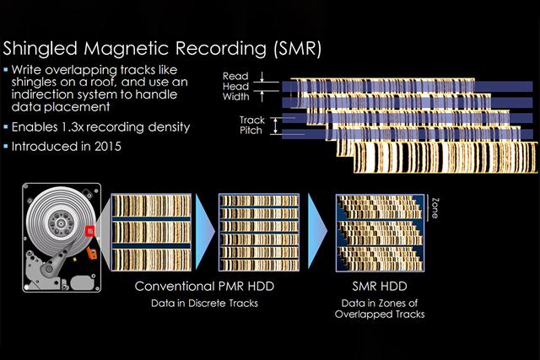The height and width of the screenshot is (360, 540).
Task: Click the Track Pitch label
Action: coord(251,126)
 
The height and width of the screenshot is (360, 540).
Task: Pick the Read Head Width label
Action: coord(235,87)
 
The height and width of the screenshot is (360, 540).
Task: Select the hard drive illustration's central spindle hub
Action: coord(57,222)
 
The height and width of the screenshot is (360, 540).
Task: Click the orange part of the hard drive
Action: coord(91,250)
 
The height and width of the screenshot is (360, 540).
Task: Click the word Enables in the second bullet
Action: coord(39,127)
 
